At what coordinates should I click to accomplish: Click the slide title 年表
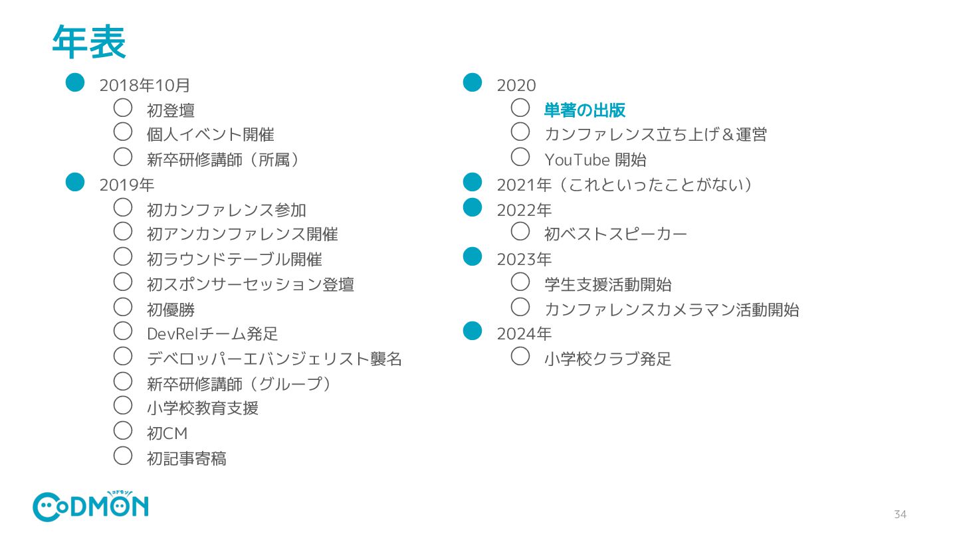pos(88,43)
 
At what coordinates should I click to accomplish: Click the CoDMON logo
pos(91,507)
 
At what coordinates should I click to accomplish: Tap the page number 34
pos(900,515)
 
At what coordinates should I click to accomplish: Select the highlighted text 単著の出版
pos(585,110)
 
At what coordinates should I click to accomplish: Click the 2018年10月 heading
pos(145,85)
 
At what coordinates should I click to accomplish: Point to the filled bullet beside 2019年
pos(75,181)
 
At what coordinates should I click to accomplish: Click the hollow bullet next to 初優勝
pos(124,306)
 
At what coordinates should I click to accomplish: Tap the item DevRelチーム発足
pos(212,334)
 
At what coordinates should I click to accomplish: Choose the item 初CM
pos(167,434)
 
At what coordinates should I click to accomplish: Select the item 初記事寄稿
pos(186,458)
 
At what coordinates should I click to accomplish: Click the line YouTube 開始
pos(595,160)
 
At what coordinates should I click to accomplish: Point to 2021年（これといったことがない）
pos(624,185)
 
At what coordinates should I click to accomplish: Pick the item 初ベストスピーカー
pos(615,234)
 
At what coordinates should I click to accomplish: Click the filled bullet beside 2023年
pos(472,256)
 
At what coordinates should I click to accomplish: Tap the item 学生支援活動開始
pos(607,284)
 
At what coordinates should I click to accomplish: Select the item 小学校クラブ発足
pos(607,359)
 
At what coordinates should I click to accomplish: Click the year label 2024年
pos(524,333)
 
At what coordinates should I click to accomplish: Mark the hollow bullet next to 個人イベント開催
pos(124,131)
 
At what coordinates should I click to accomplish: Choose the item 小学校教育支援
pos(202,408)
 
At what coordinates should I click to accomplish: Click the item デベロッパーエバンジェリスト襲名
pos(274,359)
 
